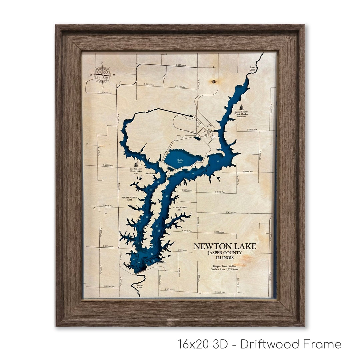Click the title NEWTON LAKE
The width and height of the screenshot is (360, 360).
(225, 246)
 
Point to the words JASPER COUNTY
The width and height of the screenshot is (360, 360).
(224, 253)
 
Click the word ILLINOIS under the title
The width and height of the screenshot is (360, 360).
(224, 258)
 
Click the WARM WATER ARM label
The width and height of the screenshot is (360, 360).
(130, 199)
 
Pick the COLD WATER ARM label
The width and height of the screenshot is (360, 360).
(180, 209)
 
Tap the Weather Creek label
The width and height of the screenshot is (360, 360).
(140, 286)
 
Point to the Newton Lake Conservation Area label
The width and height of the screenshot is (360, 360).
(136, 171)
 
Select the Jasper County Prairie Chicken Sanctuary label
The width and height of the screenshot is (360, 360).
(241, 114)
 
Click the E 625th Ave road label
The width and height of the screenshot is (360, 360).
(107, 93)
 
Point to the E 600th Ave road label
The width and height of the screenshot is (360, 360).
(252, 130)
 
